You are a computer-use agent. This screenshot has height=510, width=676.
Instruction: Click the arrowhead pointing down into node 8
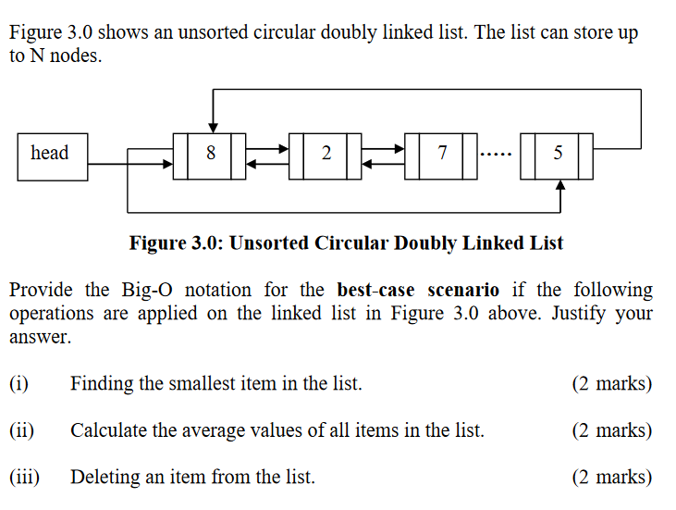click(x=214, y=127)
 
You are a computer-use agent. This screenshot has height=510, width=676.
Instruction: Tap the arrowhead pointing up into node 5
click(x=559, y=184)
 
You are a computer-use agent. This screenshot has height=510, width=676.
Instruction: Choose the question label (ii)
click(x=21, y=430)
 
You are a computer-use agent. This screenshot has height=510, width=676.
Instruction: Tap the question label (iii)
click(x=24, y=478)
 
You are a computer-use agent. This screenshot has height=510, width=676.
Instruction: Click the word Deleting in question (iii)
click(x=104, y=478)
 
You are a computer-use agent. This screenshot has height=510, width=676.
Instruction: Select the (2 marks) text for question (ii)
click(x=612, y=430)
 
